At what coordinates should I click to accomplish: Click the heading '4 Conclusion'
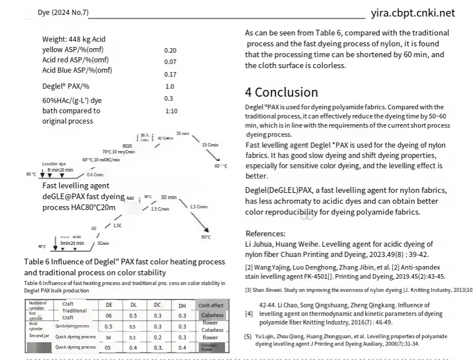click(281, 92)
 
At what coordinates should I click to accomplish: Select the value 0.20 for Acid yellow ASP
click(170, 50)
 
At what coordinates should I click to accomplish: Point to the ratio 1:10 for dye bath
click(171, 111)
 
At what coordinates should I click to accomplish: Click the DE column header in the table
click(109, 305)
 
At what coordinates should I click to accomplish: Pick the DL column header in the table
click(133, 305)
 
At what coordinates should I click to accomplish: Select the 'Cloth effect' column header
click(211, 306)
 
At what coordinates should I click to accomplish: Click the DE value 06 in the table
click(109, 315)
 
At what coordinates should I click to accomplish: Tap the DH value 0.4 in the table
click(182, 347)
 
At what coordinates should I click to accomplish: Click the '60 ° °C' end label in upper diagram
click(221, 166)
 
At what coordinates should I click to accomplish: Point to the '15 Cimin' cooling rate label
click(210, 145)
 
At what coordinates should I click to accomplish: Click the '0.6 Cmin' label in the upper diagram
click(94, 175)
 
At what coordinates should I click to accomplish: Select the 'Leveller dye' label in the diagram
click(54, 164)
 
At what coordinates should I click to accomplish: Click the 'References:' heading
click(265, 234)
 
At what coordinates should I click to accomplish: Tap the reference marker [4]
click(249, 314)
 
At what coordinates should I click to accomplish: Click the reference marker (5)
click(248, 337)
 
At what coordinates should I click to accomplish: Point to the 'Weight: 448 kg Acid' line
click(74, 39)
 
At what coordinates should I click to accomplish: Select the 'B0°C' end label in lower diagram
click(206, 237)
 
